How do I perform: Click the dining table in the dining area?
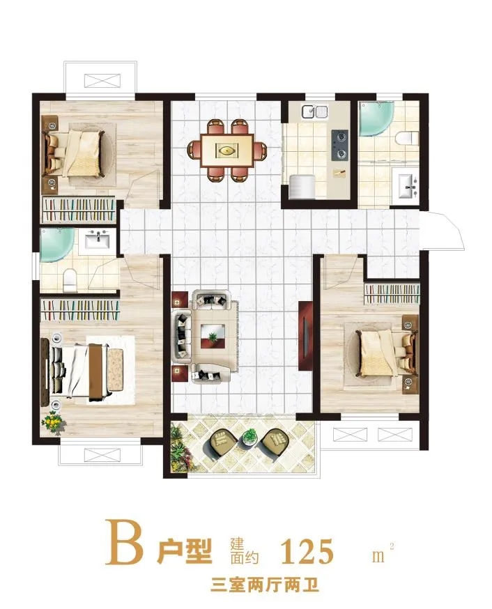(x=227, y=150)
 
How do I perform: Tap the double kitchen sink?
(x=315, y=111)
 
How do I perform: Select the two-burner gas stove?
(x=340, y=145)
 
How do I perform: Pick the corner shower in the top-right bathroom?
(x=376, y=118)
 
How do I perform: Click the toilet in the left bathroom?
(x=70, y=279)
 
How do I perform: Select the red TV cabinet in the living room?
(x=305, y=335)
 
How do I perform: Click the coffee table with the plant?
(x=213, y=337)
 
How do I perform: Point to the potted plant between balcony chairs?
(x=249, y=436)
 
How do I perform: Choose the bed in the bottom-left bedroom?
(x=86, y=371)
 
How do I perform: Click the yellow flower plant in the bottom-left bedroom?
(x=54, y=423)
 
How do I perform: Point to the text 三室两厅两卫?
(x=264, y=585)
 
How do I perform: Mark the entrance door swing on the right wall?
(x=443, y=231)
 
